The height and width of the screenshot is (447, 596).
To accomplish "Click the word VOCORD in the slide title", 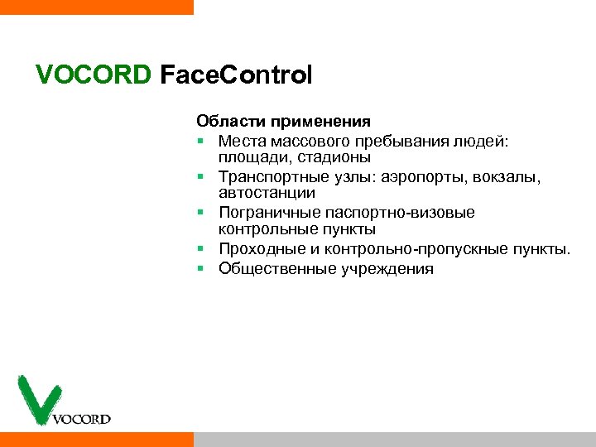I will pos(94,76).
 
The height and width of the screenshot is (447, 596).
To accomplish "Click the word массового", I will pos(304,141).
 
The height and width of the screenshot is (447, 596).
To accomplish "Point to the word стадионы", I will pos(336,156).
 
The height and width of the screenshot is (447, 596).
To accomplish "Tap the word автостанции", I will pos(267,192).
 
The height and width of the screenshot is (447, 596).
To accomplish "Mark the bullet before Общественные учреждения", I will pos(201,268).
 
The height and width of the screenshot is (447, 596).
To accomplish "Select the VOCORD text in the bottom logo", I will pos(81,419).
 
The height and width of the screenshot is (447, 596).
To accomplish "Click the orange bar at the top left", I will pos(96,7).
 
